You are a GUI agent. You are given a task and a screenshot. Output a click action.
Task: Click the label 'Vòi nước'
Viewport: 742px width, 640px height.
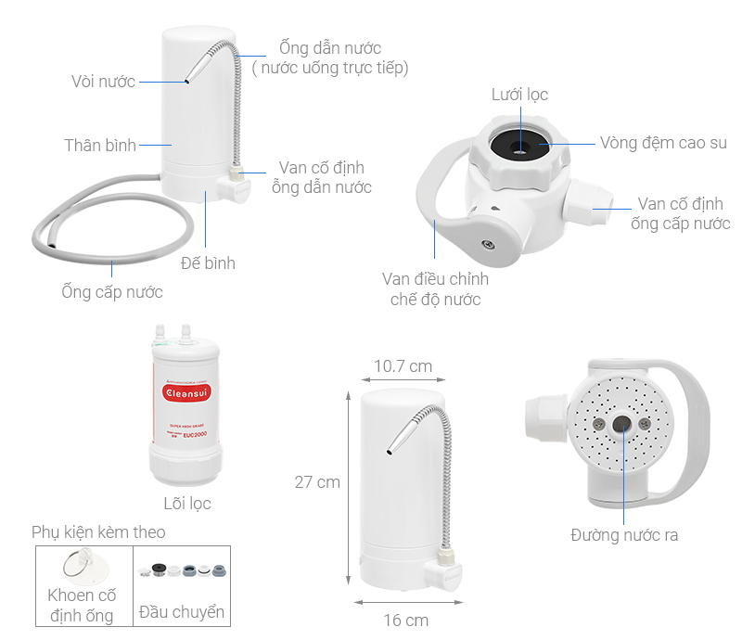pos(102,82)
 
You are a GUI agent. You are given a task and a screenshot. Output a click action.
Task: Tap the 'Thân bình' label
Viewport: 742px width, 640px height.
pos(100,145)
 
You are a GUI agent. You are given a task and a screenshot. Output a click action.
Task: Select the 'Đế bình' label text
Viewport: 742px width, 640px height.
pos(208,263)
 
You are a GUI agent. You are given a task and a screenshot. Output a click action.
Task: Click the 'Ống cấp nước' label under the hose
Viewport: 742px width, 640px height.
pos(112,292)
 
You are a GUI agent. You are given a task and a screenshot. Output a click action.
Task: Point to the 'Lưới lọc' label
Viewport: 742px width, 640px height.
pos(519,95)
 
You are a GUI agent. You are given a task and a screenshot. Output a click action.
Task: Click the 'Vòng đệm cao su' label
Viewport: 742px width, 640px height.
pos(663,143)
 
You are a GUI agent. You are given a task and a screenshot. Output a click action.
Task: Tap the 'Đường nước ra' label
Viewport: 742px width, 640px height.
pos(624,535)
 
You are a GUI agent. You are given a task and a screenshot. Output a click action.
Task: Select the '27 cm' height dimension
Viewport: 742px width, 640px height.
pos(317,482)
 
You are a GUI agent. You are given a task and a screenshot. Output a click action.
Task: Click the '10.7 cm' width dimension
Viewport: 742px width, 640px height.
pos(403,366)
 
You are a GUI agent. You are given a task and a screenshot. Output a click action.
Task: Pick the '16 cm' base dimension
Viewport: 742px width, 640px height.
pos(406,621)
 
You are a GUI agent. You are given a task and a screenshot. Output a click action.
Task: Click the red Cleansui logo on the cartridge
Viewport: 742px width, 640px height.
pos(185,392)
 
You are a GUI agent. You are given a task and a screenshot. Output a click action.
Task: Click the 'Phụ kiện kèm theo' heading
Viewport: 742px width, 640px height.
pos(98,532)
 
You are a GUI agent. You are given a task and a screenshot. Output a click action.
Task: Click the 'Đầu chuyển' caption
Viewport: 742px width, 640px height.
pos(181,612)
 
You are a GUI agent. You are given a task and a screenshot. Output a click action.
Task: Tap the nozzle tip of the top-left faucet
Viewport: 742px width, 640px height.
pos(186,83)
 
